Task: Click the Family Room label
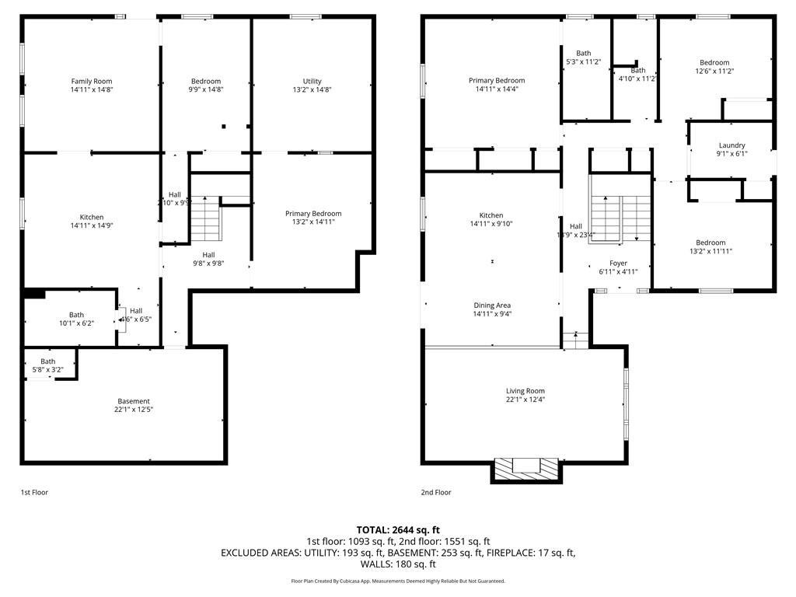[x=92, y=82]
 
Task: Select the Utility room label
[x=312, y=82]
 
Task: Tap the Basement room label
[x=134, y=401]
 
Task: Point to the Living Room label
[x=525, y=391]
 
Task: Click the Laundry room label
[x=731, y=145]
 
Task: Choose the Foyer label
[x=618, y=264]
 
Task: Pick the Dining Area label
[x=492, y=305]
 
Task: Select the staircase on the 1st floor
[x=206, y=220]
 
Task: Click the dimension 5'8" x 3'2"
[x=48, y=370]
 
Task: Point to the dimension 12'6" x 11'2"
[x=714, y=72]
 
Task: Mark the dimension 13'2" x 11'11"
[x=710, y=251]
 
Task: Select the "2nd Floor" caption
[x=436, y=492]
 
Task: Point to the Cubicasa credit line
[x=398, y=581]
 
